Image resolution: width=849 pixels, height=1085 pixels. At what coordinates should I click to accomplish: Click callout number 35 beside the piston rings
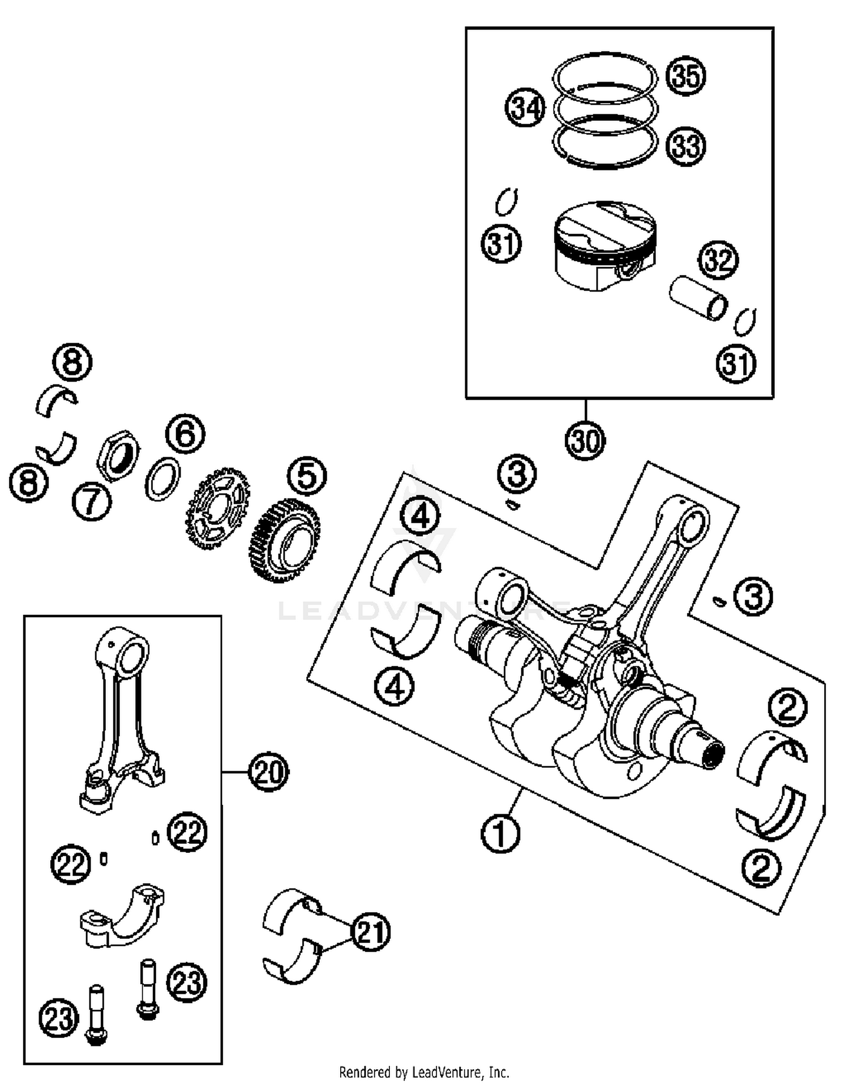tap(685, 75)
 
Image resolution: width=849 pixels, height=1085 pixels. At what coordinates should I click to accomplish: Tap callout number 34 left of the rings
tap(525, 107)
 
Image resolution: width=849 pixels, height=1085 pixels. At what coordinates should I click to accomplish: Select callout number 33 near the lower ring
tap(685, 146)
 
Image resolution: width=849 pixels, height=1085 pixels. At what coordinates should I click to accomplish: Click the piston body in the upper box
tap(604, 246)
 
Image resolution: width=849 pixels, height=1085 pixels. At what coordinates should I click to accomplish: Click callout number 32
tap(718, 260)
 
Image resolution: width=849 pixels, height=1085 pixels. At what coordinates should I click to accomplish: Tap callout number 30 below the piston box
tap(585, 440)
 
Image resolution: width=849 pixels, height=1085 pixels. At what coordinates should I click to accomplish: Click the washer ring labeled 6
tap(162, 479)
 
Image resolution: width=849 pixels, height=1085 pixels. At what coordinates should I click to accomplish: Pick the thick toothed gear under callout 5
tap(285, 541)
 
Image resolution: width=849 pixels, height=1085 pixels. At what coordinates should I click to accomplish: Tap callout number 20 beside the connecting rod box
tap(268, 771)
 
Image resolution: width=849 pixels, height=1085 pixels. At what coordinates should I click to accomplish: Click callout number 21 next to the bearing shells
tap(371, 931)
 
